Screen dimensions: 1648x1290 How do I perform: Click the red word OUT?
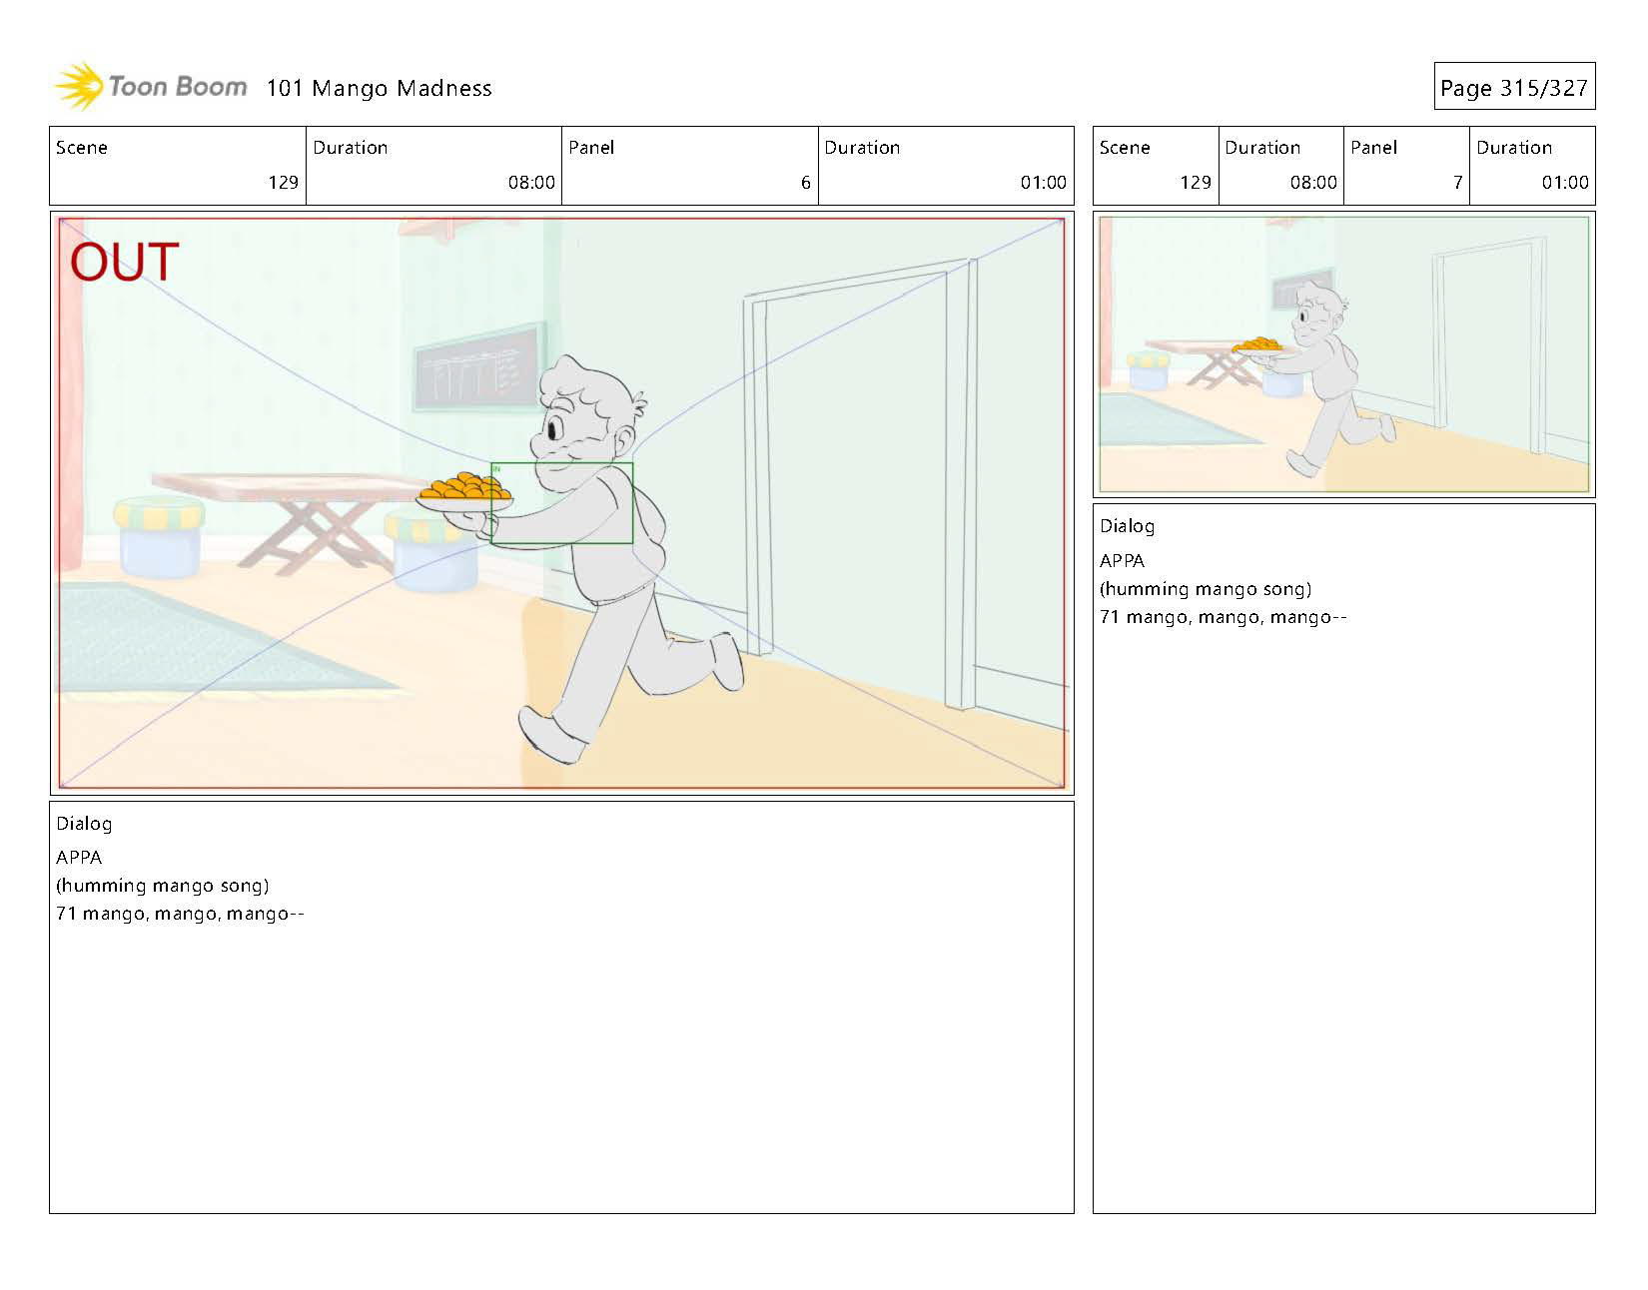pyautogui.click(x=125, y=262)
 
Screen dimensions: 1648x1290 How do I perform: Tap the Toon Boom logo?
pyautogui.click(x=151, y=87)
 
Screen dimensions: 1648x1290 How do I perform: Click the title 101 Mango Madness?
pyautogui.click(x=379, y=88)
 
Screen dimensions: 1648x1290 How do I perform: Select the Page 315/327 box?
pyautogui.click(x=1514, y=86)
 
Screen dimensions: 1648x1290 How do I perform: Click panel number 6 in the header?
pyautogui.click(x=805, y=182)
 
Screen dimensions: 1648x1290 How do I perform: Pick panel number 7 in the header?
pyautogui.click(x=1457, y=182)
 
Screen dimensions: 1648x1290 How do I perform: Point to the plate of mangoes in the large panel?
pyautogui.click(x=463, y=492)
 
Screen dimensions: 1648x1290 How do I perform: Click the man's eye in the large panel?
pyautogui.click(x=554, y=429)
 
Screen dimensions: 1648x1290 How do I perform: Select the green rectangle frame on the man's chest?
pyautogui.click(x=562, y=463)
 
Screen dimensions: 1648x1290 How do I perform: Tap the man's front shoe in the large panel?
pyautogui.click(x=550, y=734)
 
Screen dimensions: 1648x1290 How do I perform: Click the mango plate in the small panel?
pyautogui.click(x=1256, y=347)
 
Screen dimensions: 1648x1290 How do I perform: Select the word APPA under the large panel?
pyautogui.click(x=79, y=858)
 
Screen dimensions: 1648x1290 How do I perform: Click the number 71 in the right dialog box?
pyautogui.click(x=1109, y=617)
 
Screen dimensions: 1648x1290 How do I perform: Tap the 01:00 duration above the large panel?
pyautogui.click(x=1043, y=182)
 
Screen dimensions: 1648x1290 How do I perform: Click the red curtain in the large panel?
pyautogui.click(x=70, y=394)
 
